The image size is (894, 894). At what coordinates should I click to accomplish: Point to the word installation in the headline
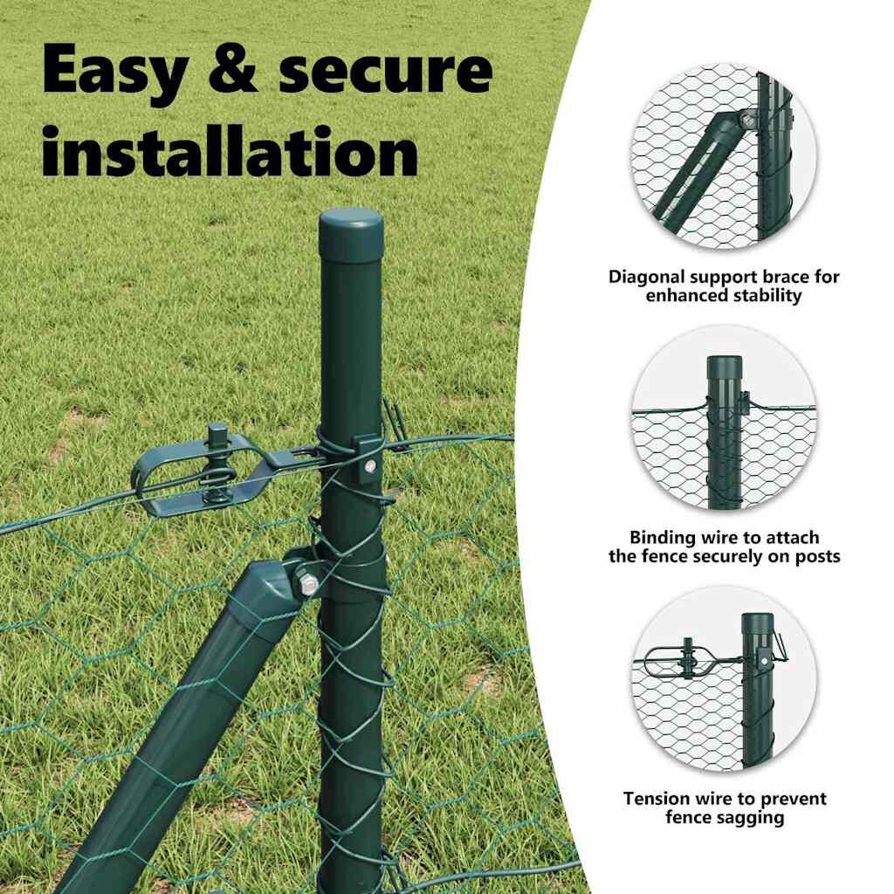[x=230, y=151]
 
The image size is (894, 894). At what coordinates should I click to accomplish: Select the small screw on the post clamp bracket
[x=371, y=467]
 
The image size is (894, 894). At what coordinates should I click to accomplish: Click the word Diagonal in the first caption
[x=647, y=277]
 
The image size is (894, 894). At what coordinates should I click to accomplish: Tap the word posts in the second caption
[x=817, y=556]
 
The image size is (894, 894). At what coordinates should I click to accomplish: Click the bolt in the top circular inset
[x=747, y=120]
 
